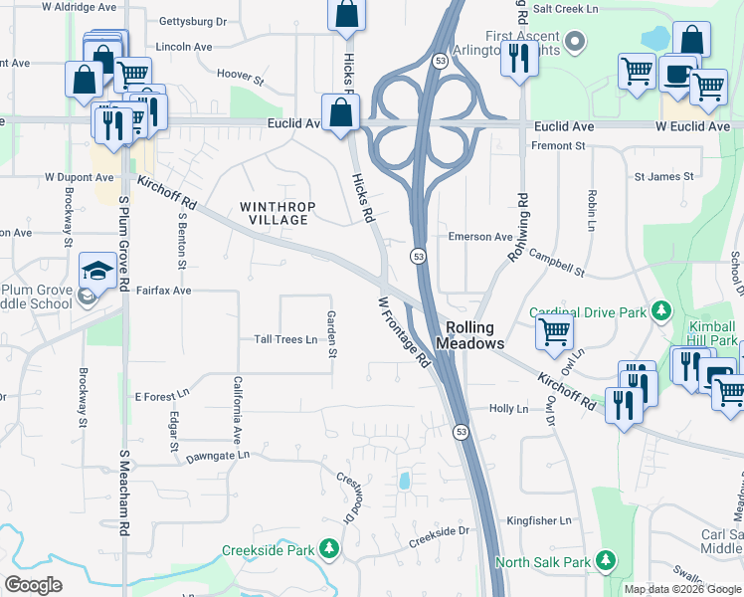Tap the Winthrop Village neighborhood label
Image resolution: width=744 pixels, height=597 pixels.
[279, 213]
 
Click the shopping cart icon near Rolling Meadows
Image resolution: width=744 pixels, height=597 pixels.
[554, 331]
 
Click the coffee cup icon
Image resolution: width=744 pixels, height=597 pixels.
[677, 75]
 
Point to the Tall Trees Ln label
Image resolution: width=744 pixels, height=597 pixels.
[285, 339]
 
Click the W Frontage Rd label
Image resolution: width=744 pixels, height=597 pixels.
[404, 332]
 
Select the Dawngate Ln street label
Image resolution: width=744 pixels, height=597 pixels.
[217, 456]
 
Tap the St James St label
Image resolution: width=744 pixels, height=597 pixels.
[663, 176]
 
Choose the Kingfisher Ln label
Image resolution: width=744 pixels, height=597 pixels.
[539, 520]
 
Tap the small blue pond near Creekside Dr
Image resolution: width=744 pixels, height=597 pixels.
[404, 482]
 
